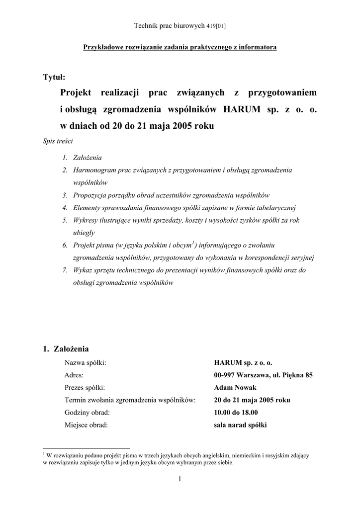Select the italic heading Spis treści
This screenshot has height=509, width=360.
pos(58,141)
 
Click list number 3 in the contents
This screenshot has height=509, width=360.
pos(65,195)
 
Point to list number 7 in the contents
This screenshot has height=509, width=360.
pos(65,270)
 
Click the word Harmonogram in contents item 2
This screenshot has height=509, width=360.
pos(94,170)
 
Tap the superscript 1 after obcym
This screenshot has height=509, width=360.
pos(193,243)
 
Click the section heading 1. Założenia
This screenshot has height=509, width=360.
pos(67,349)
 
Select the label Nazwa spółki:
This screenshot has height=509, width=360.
pos(86,363)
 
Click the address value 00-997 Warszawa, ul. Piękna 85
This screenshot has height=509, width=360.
pos(263,375)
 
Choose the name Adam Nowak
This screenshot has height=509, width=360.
pos(234,388)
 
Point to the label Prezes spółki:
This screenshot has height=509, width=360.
pos(85,388)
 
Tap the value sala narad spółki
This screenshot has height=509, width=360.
pos(240,425)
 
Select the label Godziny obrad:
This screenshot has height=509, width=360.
pos(87,413)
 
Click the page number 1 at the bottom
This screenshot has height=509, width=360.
pos(180,479)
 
